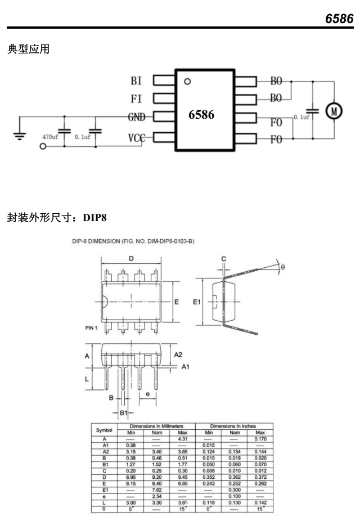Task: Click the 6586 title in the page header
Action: [x=339, y=19]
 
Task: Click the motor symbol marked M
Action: [x=334, y=111]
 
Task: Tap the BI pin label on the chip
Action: [x=136, y=81]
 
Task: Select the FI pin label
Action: [x=136, y=99]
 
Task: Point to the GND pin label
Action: [x=136, y=117]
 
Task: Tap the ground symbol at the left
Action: [x=19, y=135]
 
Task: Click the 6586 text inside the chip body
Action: [x=201, y=114]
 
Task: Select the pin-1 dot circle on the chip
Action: [x=187, y=81]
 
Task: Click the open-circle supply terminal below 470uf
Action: [x=43, y=146]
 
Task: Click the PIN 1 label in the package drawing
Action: [x=93, y=327]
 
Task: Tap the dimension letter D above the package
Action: [x=130, y=259]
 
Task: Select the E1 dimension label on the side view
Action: [x=196, y=302]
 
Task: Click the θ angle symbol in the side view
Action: [x=283, y=267]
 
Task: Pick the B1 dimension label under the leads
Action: [x=124, y=413]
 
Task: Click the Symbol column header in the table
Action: [x=105, y=430]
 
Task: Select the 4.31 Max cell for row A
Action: [x=182, y=439]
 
